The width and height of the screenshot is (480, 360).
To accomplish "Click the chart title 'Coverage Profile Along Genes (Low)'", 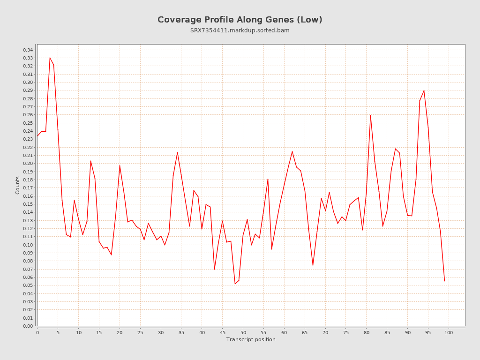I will pos(240,20).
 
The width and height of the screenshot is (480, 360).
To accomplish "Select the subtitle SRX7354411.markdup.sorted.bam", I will pos(240,30).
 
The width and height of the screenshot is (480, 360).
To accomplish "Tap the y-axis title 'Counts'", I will pos(18,185).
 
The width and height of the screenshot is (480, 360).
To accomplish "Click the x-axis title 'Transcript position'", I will pos(251,339).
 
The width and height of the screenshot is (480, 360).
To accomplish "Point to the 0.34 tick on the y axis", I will pos(28,50).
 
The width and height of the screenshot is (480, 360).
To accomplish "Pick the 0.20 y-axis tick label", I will pos(28,164).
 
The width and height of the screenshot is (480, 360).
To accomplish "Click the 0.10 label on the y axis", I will pos(28,245).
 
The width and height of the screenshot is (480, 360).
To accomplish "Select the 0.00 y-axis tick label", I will pos(28,326).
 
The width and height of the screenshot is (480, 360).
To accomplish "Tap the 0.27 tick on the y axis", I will pos(28,107).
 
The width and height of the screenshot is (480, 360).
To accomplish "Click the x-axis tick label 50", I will pos(243,332).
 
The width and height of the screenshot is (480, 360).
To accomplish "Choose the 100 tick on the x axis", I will pos(449,332).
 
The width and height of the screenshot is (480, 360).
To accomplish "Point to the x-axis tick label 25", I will pos(140,332).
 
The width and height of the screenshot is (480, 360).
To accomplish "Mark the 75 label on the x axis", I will pos(346,332).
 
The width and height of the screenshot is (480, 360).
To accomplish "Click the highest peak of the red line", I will pos(50,58).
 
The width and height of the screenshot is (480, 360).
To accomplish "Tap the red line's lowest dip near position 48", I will pos(235,284).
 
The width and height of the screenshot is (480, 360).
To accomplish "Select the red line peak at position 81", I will pos(370,115).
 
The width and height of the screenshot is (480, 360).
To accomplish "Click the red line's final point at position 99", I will pos(444,281).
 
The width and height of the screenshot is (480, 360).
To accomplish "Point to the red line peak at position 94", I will pos(424,90).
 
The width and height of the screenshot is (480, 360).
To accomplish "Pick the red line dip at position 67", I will pos(313,265).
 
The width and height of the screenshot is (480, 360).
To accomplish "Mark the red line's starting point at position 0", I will pos(37,136).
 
